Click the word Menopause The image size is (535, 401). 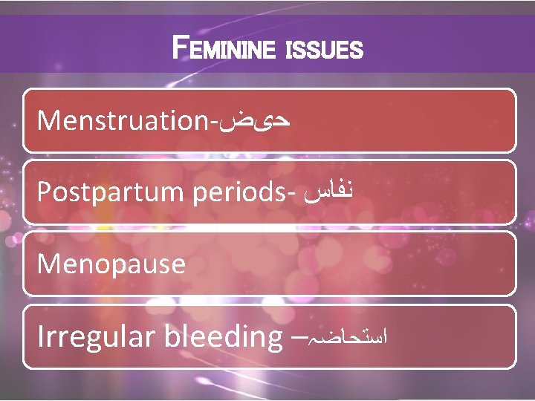click(111, 264)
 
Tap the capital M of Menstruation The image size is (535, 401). click(48, 120)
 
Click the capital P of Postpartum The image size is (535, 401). click(44, 192)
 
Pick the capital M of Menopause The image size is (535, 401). click(48, 264)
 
